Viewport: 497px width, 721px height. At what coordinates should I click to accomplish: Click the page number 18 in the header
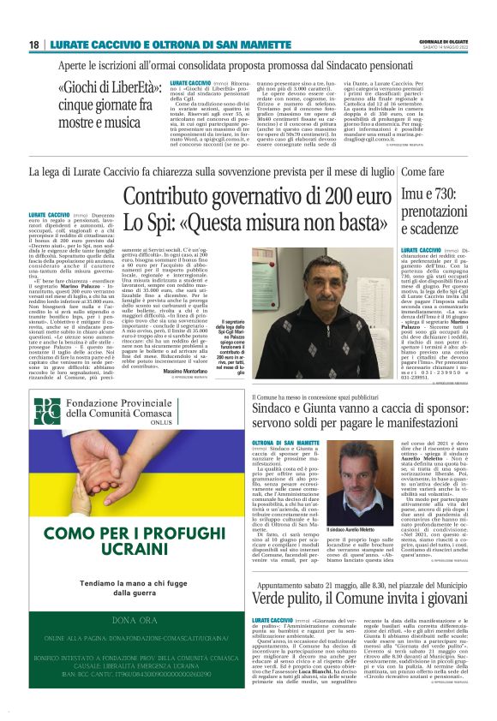click(x=33, y=45)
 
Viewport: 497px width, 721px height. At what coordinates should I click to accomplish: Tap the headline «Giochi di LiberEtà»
click(x=101, y=88)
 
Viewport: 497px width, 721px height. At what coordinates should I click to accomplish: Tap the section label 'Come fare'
click(x=422, y=172)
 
